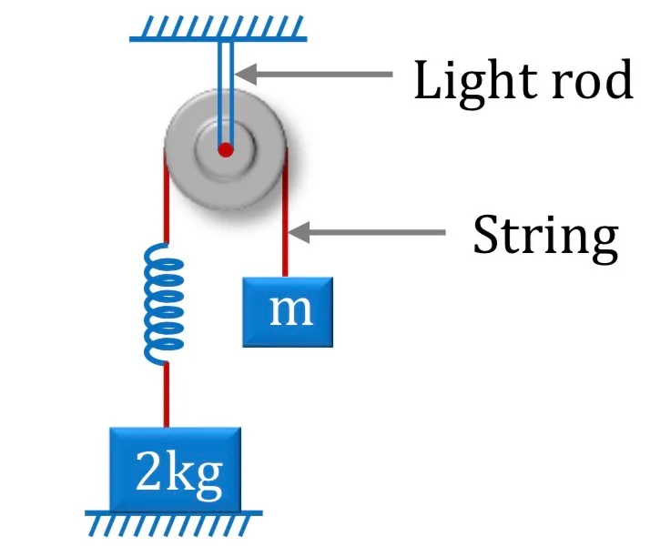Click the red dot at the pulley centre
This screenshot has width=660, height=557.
(x=226, y=149)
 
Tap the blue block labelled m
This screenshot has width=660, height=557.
(x=288, y=312)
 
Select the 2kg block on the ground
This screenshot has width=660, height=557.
(x=175, y=469)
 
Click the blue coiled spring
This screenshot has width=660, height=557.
(x=163, y=304)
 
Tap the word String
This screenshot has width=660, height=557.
(x=545, y=237)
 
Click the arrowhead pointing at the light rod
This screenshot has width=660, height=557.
(x=246, y=75)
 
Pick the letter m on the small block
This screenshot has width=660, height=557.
(x=291, y=310)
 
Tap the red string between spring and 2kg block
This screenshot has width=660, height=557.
(x=167, y=396)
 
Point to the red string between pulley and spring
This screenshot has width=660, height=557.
(x=167, y=196)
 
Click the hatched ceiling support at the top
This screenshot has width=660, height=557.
(x=218, y=28)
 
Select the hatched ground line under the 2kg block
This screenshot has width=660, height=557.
(x=173, y=523)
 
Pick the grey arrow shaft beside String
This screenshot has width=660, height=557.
(x=377, y=232)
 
